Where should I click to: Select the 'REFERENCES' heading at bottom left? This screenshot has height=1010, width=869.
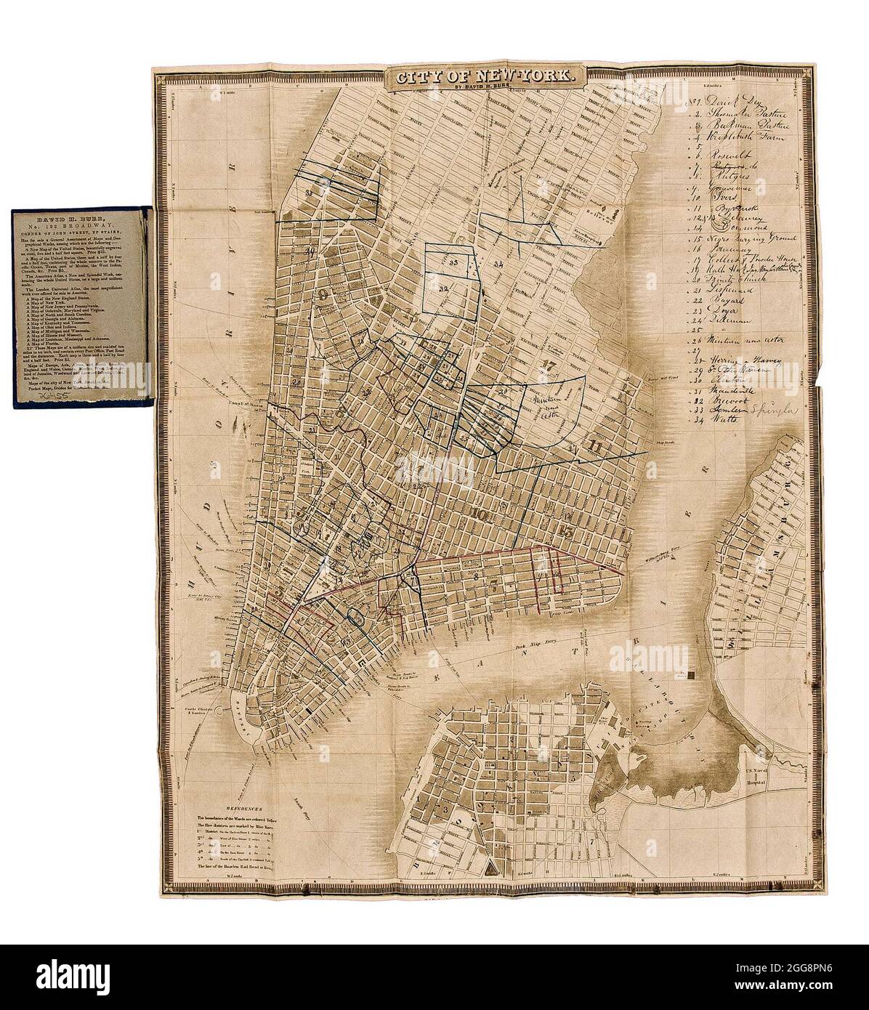coord(246,807)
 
